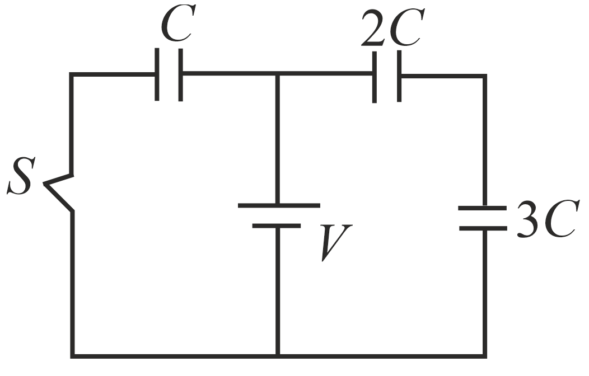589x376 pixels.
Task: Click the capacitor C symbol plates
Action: click(169, 74)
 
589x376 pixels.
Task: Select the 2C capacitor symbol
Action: click(386, 76)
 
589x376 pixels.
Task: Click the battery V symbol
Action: click(278, 215)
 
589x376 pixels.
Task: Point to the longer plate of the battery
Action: click(279, 205)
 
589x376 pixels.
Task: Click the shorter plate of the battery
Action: click(277, 225)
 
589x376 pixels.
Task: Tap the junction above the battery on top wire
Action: click(278, 74)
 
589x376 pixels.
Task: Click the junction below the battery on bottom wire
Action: click(278, 355)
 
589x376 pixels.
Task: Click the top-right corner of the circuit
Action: click(484, 76)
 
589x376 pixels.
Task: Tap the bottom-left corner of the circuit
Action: click(72, 355)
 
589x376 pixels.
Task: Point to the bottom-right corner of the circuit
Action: click(484, 355)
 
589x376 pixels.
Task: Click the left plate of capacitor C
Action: click(157, 74)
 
